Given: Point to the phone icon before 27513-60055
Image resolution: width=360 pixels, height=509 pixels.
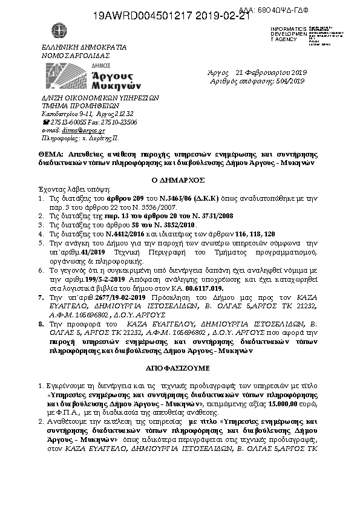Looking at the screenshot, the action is pyautogui.click(x=44, y=122).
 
